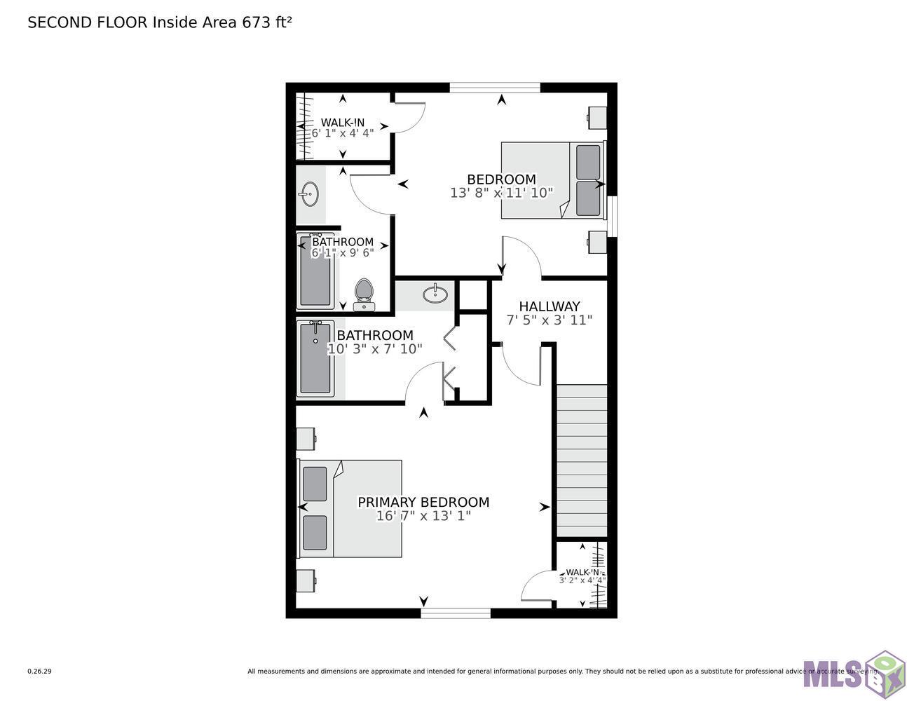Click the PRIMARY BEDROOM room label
423,502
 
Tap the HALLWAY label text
550,306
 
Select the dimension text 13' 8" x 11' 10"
502,192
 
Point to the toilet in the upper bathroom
364,294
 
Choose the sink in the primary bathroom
436,294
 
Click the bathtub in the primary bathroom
315,358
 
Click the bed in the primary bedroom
350,508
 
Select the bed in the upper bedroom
552,180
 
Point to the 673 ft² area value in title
266,22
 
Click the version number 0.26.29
39,671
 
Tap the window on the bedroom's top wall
495,88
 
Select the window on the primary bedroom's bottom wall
456,613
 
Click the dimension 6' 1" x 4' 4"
343,132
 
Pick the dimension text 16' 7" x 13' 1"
423,516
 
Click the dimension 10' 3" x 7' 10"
375,349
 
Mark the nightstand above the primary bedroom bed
306,440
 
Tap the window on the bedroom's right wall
612,216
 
